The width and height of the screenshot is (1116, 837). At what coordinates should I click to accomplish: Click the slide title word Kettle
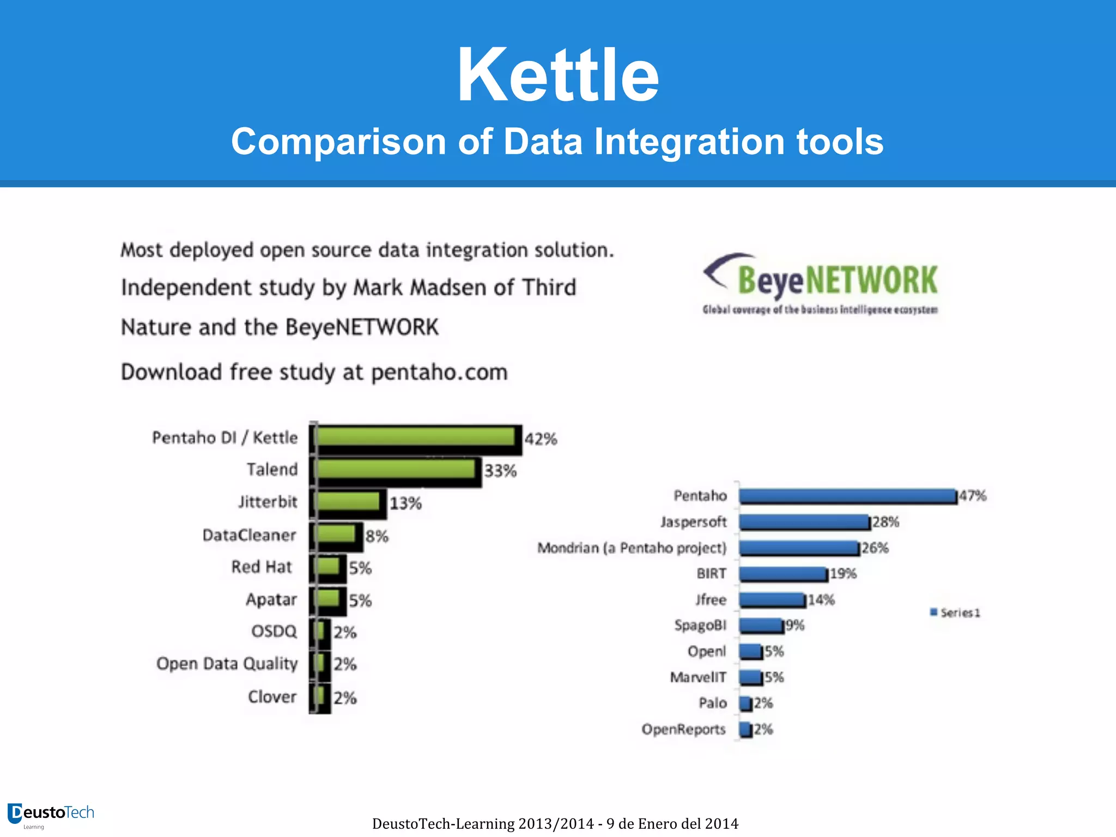[x=558, y=75]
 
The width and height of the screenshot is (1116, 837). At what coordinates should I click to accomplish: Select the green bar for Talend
[x=396, y=469]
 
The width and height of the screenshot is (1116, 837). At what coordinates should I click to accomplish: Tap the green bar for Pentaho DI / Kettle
[x=416, y=437]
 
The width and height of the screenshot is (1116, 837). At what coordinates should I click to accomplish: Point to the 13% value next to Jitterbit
[x=405, y=503]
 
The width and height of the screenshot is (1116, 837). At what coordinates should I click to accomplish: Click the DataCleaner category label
[x=249, y=535]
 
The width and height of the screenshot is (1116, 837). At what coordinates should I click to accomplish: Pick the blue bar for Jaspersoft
[x=804, y=522]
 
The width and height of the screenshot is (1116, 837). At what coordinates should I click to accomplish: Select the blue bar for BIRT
[x=783, y=574]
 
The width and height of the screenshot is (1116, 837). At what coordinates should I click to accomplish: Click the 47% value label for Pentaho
[x=973, y=496]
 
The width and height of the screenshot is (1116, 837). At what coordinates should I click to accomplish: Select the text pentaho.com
[x=439, y=373]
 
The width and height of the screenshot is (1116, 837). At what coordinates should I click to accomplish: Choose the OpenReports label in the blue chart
[x=683, y=729]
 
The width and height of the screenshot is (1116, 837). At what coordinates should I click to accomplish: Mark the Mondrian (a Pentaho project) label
[x=632, y=548]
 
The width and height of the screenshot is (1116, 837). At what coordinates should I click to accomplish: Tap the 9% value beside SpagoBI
[x=795, y=626]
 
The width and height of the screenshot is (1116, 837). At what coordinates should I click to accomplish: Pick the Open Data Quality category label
[x=227, y=664]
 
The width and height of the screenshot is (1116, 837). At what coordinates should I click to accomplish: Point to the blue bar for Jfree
[x=772, y=600]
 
